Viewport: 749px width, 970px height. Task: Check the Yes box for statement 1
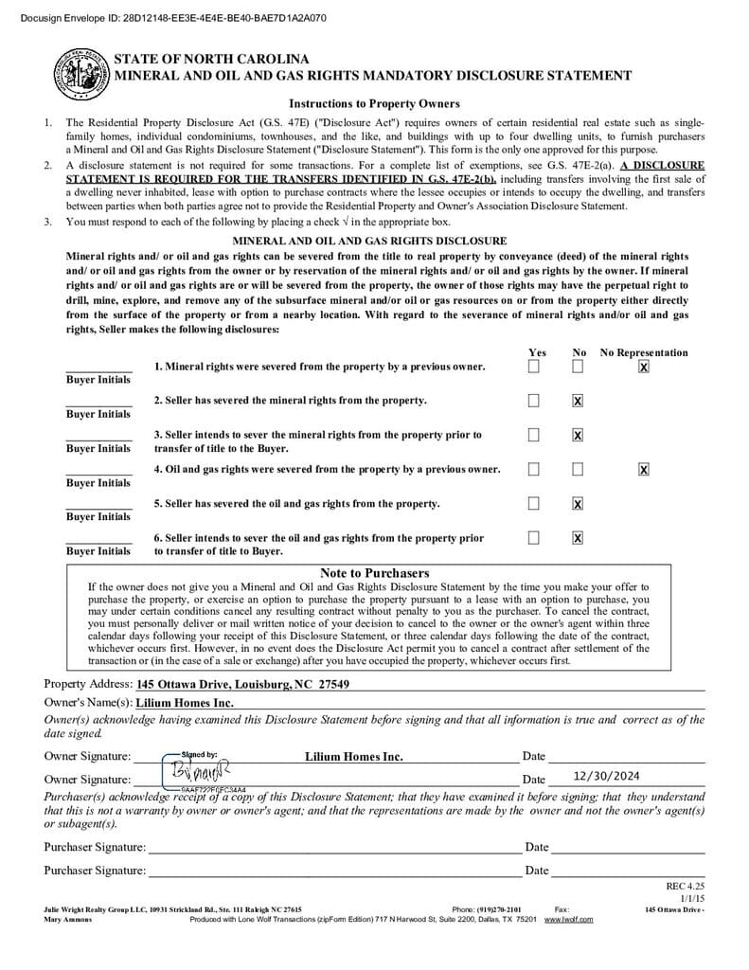(x=534, y=366)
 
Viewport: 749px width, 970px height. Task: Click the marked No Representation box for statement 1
(x=644, y=367)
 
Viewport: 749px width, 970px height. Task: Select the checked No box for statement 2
(x=578, y=401)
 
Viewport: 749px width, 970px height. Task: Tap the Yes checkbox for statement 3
(x=534, y=435)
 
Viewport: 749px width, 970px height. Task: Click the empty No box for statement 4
(x=578, y=469)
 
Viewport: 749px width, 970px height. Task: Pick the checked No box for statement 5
(x=578, y=504)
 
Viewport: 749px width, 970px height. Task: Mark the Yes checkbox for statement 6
(x=534, y=538)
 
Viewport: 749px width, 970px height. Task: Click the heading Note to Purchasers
(x=374, y=573)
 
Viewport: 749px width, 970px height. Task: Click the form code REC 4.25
(x=686, y=887)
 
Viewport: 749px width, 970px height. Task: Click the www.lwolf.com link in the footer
(x=568, y=919)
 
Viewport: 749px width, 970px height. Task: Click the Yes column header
(x=537, y=352)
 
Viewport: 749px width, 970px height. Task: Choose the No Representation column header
(x=644, y=352)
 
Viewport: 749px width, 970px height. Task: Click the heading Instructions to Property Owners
(x=374, y=103)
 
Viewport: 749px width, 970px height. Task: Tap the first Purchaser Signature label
(x=95, y=847)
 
